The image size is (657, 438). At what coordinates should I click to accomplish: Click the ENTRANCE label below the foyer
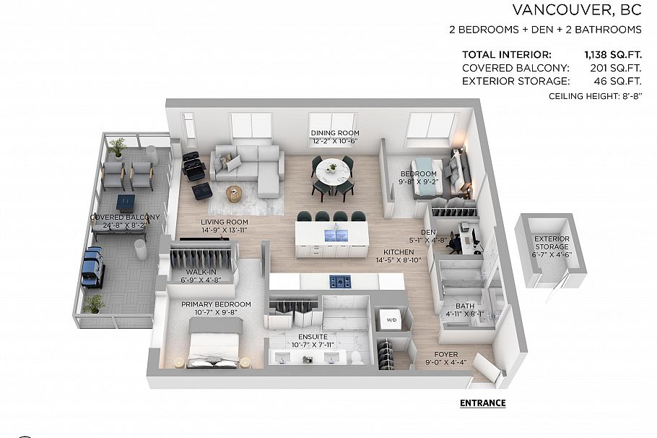pos(482,403)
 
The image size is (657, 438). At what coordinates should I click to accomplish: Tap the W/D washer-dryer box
pos(391,319)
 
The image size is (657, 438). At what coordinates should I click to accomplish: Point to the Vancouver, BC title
pos(576,10)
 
